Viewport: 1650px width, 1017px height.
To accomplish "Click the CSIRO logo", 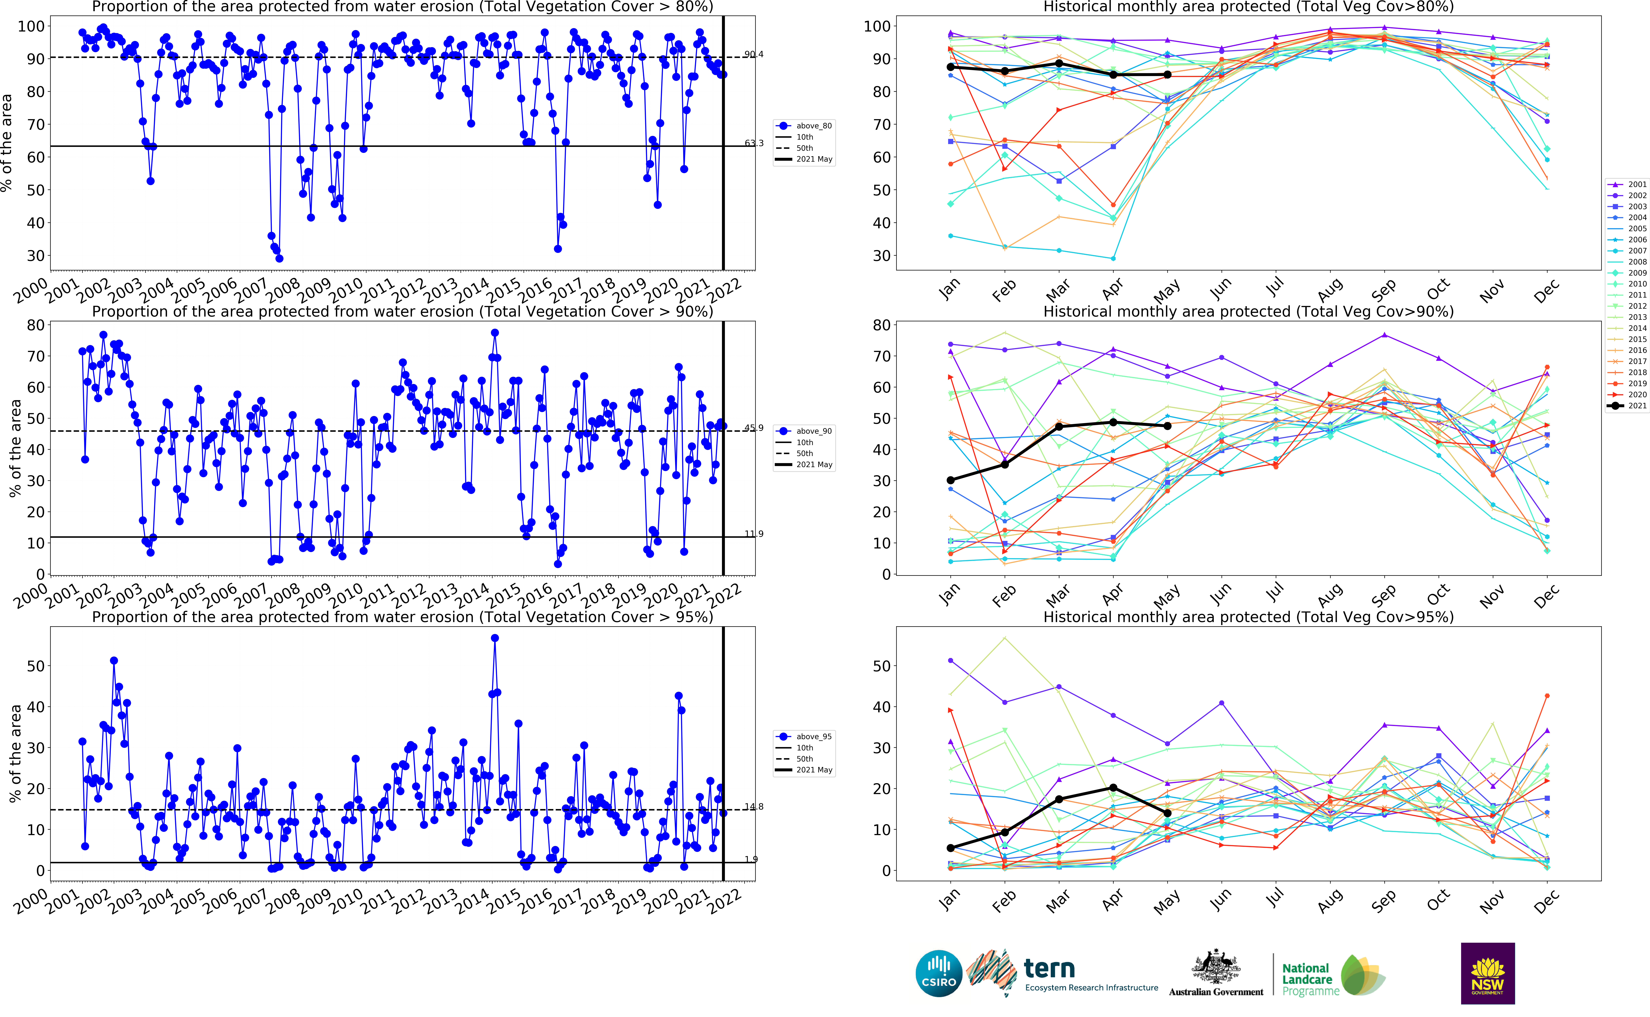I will pos(939,973).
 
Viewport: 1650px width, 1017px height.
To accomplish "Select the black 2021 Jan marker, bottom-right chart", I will pos(951,848).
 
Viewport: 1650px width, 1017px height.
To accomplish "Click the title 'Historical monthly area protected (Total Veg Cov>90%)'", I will pos(1248,311).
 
